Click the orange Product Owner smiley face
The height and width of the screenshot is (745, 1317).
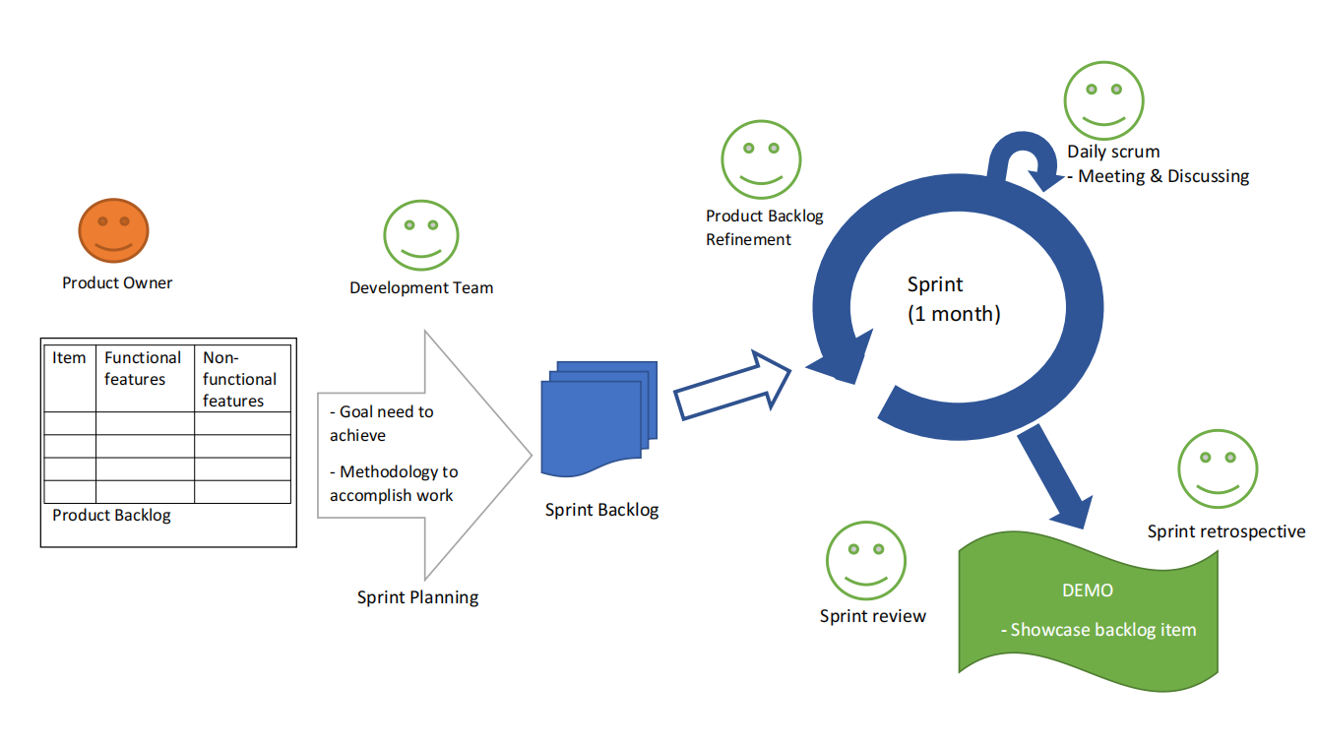click(x=113, y=230)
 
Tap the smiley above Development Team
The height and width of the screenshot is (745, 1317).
click(x=421, y=235)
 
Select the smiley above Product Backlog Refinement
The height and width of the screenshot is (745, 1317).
click(x=760, y=159)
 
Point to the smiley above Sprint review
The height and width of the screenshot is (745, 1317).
click(x=865, y=560)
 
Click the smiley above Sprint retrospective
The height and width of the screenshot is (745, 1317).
click(x=1218, y=468)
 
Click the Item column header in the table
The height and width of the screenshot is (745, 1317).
click(x=69, y=358)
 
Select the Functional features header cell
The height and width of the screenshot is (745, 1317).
click(x=144, y=368)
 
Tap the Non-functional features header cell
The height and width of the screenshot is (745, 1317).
click(x=240, y=379)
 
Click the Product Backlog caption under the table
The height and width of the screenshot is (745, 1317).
click(x=111, y=516)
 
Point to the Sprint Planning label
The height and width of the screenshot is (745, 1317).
click(x=417, y=597)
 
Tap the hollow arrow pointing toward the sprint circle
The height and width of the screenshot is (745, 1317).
click(x=733, y=385)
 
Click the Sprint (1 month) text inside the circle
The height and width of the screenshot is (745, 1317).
click(x=953, y=299)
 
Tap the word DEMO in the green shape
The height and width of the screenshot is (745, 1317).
click(x=1088, y=590)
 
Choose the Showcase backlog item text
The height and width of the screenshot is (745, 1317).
click(x=1097, y=630)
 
